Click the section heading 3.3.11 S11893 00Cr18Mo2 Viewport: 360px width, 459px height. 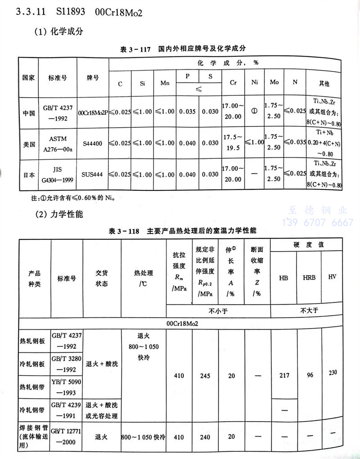pyautogui.click(x=79, y=12)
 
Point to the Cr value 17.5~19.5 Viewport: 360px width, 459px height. pyautogui.click(x=232, y=143)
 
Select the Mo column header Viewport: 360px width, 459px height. pyautogui.click(x=274, y=83)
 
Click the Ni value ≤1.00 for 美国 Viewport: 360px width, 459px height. pyautogui.click(x=254, y=143)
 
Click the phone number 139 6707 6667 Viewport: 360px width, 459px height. pyautogui.click(x=317, y=222)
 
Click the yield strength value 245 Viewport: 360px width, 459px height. pyautogui.click(x=205, y=376)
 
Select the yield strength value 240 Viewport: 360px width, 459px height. pyautogui.click(x=205, y=436)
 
